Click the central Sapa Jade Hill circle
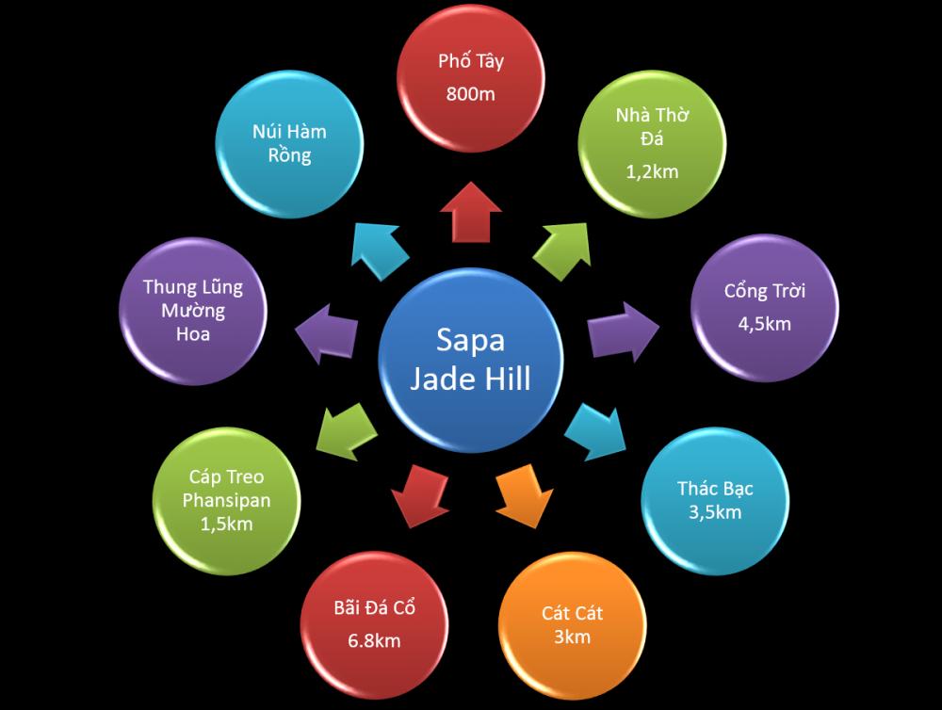[471, 359]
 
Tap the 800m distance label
[471, 94]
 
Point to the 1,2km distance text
[652, 171]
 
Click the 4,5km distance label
[764, 324]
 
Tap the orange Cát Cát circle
[572, 625]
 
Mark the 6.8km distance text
[374, 640]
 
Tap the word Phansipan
[226, 501]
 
